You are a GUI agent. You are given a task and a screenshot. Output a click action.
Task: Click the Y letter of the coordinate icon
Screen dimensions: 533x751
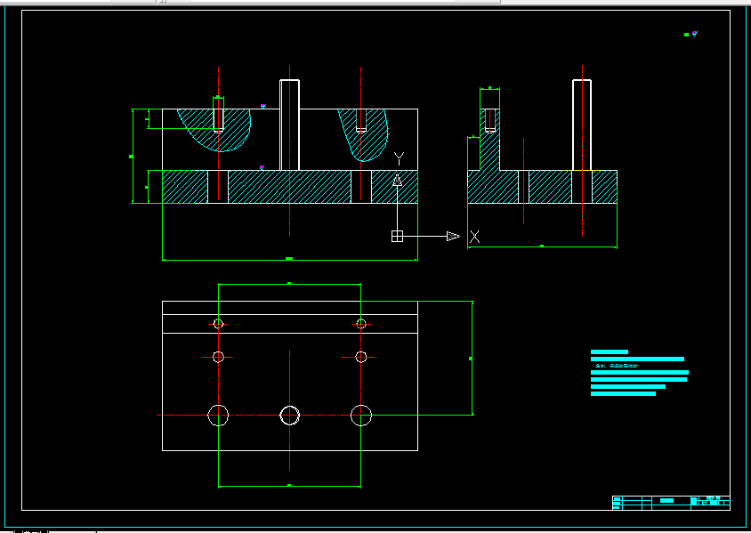(400, 158)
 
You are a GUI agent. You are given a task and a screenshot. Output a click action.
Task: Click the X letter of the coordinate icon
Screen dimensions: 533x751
(475, 237)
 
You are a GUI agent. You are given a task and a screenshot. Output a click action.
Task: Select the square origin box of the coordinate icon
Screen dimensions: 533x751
(397, 236)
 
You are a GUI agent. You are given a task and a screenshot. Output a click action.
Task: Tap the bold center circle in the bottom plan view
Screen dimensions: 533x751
(289, 415)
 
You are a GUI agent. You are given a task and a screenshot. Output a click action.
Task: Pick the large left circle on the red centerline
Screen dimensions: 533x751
(218, 415)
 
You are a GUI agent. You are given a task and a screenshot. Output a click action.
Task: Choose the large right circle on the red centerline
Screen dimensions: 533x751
(360, 415)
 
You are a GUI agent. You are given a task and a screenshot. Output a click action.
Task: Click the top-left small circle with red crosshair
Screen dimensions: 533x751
(218, 324)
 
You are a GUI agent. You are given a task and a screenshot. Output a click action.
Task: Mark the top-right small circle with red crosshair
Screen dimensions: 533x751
(360, 324)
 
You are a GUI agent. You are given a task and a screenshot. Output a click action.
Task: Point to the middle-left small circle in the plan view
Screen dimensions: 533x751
(218, 357)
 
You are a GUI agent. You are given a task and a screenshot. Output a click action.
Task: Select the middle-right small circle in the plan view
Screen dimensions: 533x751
(360, 357)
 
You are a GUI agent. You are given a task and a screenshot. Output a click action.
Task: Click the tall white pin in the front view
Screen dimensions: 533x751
(289, 125)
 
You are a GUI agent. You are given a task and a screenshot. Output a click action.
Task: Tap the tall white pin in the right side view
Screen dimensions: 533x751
(582, 125)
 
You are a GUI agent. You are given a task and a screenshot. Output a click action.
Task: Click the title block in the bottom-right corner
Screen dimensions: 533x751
(671, 502)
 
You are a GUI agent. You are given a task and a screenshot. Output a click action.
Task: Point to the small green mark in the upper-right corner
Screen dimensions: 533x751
(687, 35)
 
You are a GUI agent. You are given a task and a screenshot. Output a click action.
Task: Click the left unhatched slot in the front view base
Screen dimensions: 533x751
(218, 187)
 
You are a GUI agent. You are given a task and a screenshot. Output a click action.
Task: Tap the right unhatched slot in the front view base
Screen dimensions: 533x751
(360, 187)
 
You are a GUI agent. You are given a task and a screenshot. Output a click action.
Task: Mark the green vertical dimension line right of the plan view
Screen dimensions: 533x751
(472, 358)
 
